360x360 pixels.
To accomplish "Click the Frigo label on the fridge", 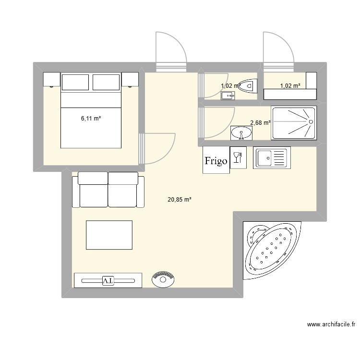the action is click(x=216, y=161).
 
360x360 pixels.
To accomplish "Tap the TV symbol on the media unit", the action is click(x=108, y=281).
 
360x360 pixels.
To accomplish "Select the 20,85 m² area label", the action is click(x=180, y=200).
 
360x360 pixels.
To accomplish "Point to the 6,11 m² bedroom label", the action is click(x=91, y=119).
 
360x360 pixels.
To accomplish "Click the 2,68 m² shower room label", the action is click(x=260, y=123).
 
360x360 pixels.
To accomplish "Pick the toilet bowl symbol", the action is click(x=248, y=86).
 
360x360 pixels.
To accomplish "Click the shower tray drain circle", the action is click(x=311, y=122).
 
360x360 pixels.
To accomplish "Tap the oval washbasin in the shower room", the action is click(x=241, y=133).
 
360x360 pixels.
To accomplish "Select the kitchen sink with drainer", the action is click(x=272, y=158).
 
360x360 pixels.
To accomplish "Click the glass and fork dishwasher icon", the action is click(x=238, y=157).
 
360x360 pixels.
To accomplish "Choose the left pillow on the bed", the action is click(x=75, y=82).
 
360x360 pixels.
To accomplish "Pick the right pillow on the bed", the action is click(x=106, y=82).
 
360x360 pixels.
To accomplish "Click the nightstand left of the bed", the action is click(x=52, y=79).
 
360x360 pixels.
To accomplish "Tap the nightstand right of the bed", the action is click(x=130, y=79).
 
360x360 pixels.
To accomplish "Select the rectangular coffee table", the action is click(x=109, y=235).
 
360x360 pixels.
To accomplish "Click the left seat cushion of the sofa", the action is click(x=94, y=195).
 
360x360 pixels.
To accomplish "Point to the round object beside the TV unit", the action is click(x=163, y=279).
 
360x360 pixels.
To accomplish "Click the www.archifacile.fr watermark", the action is click(x=331, y=324).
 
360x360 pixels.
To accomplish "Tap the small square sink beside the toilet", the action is click(x=228, y=96).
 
